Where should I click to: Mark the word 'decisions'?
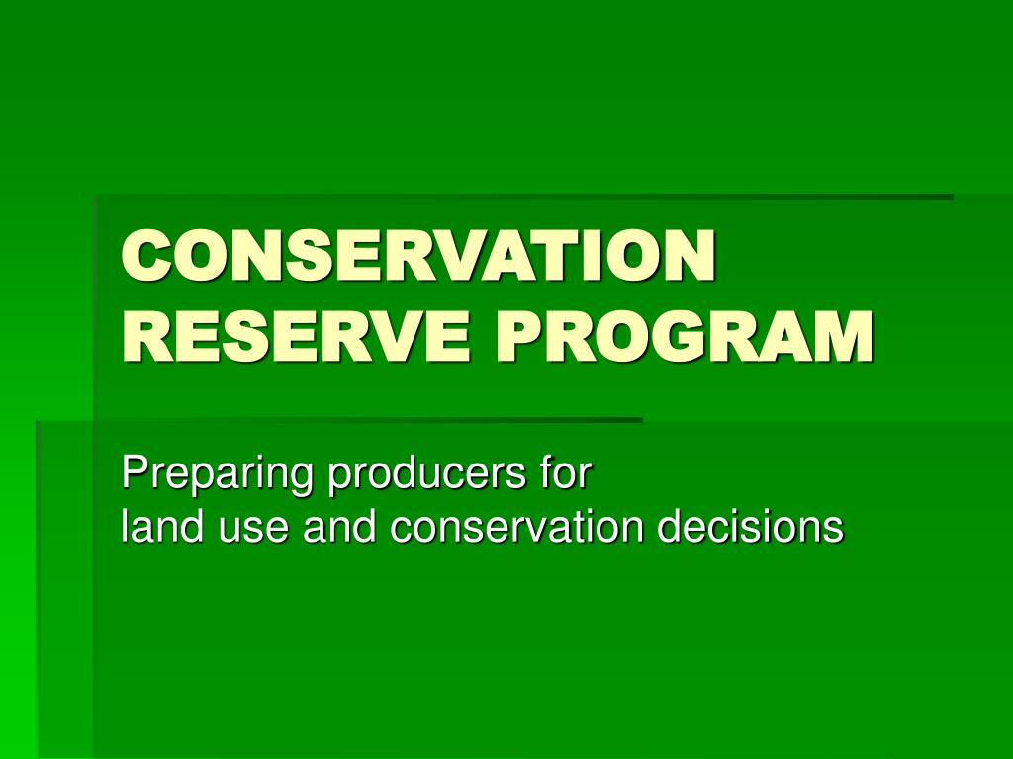(751, 527)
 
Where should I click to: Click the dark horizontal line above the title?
(524, 197)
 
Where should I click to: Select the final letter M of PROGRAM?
(845, 337)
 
